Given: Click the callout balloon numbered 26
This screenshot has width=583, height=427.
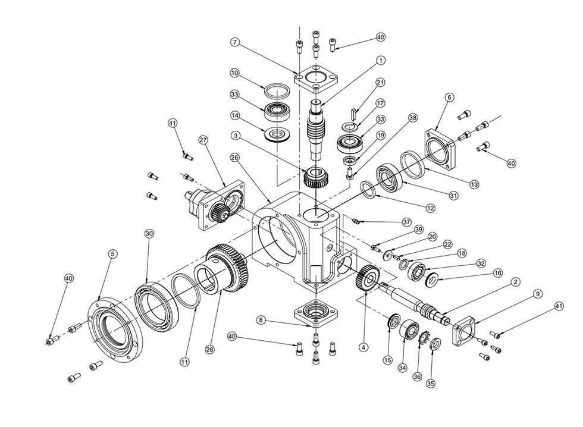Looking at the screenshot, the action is click(x=234, y=158).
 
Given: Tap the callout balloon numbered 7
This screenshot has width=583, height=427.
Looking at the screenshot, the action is click(x=234, y=42).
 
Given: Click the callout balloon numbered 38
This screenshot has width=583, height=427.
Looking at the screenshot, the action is click(x=412, y=118).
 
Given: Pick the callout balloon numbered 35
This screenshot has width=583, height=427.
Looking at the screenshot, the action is click(x=431, y=383).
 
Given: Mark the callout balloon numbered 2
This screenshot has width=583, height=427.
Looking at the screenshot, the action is click(x=515, y=282).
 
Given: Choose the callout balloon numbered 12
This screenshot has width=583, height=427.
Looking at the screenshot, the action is click(x=431, y=208).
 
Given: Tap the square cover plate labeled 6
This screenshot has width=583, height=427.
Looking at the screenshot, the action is click(x=440, y=149).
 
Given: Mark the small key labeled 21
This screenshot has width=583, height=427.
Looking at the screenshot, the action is click(x=354, y=113).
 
